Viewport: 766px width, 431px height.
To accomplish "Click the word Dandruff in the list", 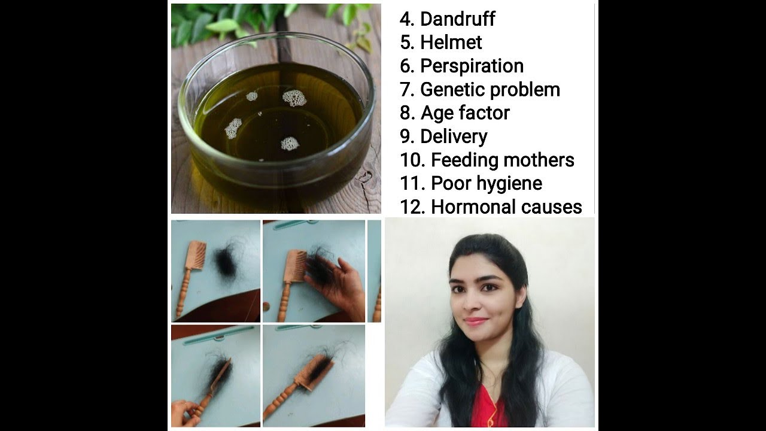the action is [x=458, y=19].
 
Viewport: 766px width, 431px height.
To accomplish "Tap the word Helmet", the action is [x=451, y=43].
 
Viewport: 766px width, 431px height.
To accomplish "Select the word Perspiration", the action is [x=472, y=66].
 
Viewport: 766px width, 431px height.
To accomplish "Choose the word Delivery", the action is [x=454, y=137].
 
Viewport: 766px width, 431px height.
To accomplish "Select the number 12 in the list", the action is [x=412, y=207].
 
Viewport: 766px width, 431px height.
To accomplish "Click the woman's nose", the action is [x=473, y=303].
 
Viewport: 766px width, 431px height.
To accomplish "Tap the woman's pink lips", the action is [x=476, y=321].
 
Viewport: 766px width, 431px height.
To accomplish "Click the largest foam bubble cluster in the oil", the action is [x=294, y=99].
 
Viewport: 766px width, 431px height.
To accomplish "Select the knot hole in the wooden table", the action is [x=364, y=177].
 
